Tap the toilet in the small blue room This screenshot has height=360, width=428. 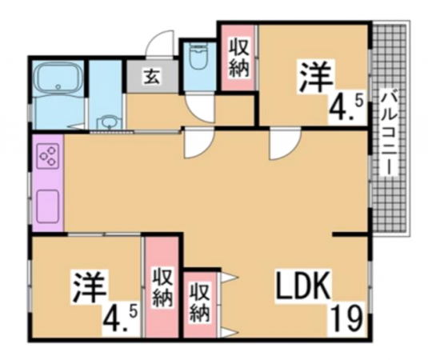(197, 58)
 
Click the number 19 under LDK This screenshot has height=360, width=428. (346, 319)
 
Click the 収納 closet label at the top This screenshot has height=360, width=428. (239, 57)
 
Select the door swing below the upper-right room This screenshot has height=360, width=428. (282, 143)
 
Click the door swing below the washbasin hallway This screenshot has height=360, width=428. (197, 144)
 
